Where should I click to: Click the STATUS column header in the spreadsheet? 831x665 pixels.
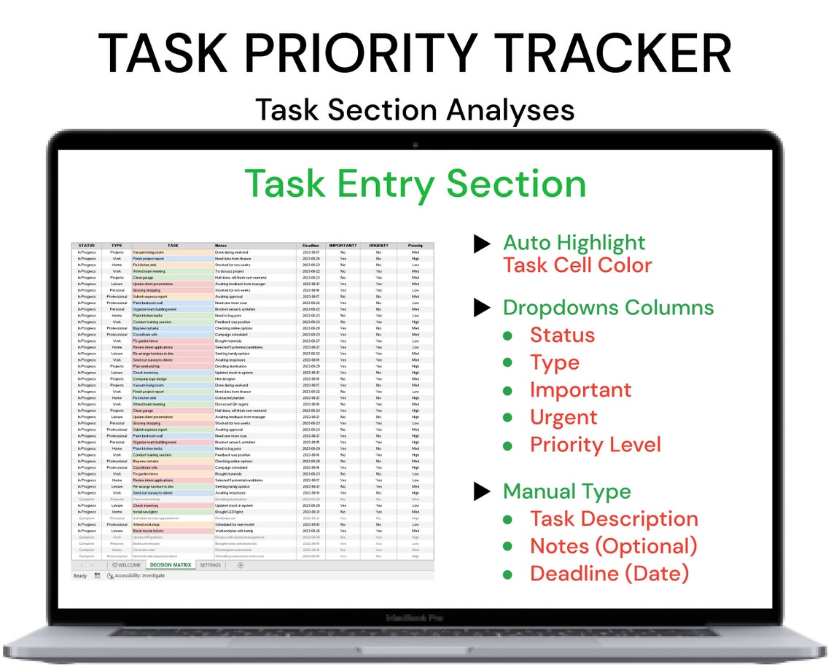[87, 246]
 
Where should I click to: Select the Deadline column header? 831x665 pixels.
[311, 246]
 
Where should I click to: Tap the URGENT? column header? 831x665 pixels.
[379, 246]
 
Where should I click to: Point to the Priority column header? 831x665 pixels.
[415, 246]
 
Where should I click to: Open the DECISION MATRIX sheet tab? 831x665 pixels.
[170, 565]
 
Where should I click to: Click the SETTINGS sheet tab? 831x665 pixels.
[211, 565]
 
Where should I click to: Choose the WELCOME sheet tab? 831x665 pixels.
[127, 565]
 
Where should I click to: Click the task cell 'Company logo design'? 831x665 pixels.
[150, 379]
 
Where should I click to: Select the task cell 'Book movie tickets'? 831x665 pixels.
[147, 531]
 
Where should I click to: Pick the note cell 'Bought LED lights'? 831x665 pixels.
[230, 512]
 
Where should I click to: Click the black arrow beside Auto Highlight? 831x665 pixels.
[482, 244]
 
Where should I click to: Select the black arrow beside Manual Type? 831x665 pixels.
[482, 492]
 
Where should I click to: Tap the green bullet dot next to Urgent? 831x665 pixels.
[507, 418]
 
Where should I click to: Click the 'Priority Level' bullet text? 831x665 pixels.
[596, 445]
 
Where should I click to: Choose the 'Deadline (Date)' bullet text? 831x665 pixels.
[609, 573]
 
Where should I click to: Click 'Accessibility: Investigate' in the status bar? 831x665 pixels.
[139, 576]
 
